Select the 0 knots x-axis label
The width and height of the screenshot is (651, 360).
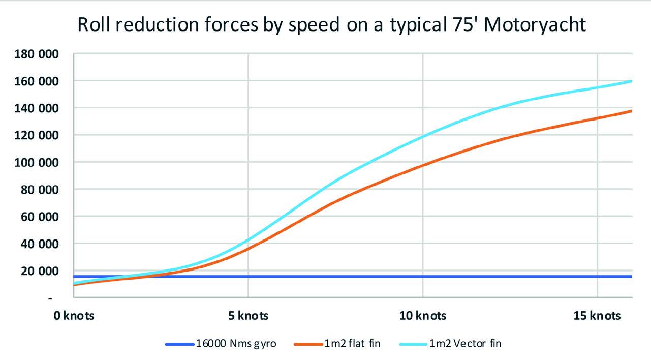click(x=75, y=316)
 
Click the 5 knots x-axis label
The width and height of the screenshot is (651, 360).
click(x=248, y=316)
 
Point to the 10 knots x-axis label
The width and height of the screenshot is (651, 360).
click(x=422, y=316)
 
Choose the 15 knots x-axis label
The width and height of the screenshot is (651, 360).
click(x=597, y=316)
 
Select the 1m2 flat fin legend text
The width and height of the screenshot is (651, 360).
click(x=352, y=344)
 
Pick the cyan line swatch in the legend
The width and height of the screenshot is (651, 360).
click(x=414, y=344)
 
